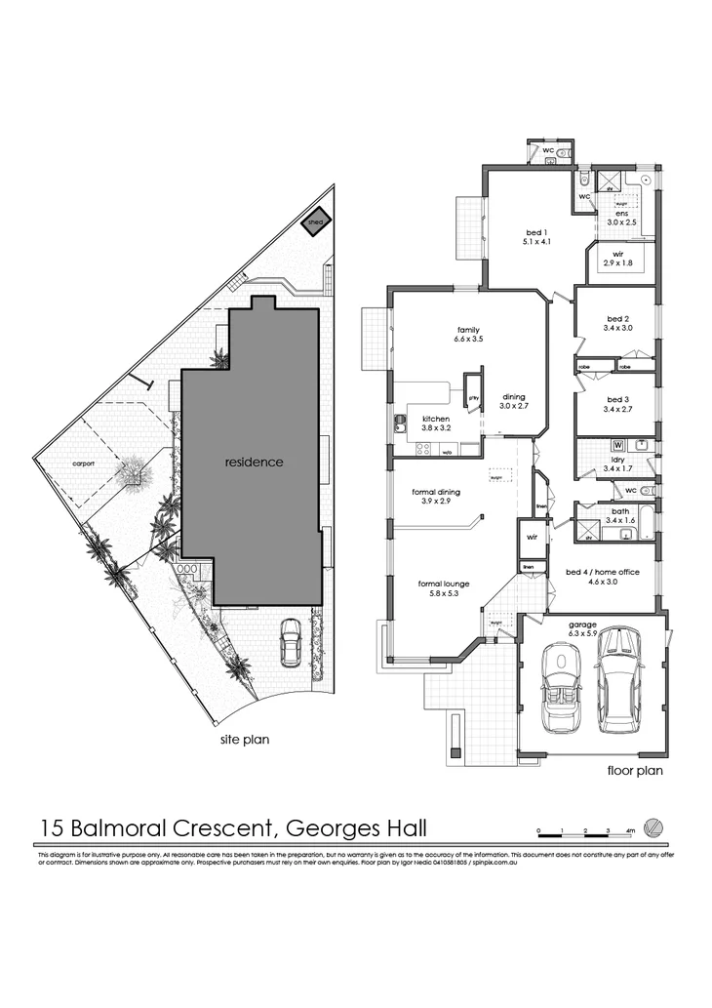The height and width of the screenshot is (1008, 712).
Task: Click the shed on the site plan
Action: tap(316, 222)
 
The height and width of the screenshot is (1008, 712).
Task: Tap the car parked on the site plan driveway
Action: tap(291, 643)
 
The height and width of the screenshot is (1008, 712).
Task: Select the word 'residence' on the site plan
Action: tap(254, 462)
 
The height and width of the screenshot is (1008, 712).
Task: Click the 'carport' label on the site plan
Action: tap(82, 464)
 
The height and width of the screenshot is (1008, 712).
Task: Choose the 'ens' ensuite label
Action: tap(619, 217)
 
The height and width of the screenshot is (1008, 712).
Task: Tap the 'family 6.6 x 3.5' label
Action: tap(468, 334)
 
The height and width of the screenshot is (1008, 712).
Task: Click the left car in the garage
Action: tap(560, 688)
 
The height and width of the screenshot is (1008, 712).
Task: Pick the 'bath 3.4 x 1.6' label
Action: tap(619, 516)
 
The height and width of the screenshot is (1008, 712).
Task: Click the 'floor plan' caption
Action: tap(635, 771)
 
